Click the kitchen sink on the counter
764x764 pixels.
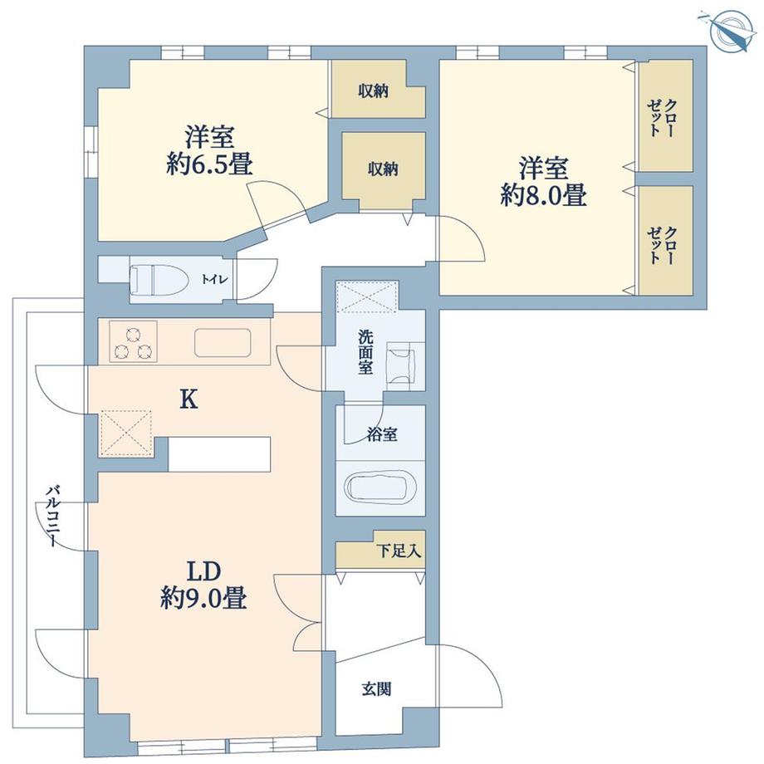point(223,342)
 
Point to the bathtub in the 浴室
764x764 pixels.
point(380,488)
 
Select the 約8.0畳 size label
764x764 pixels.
point(544,196)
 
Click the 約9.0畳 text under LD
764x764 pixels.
point(203,599)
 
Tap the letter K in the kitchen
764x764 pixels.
point(189,401)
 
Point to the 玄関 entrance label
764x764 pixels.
point(376,688)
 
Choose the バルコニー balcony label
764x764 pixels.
point(51,516)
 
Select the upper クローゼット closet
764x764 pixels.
point(664,116)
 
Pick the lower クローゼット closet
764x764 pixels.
point(664,239)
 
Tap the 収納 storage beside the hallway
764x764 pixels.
point(383,169)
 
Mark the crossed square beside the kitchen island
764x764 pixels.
point(126,432)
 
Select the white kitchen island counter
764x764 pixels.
point(220,453)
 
